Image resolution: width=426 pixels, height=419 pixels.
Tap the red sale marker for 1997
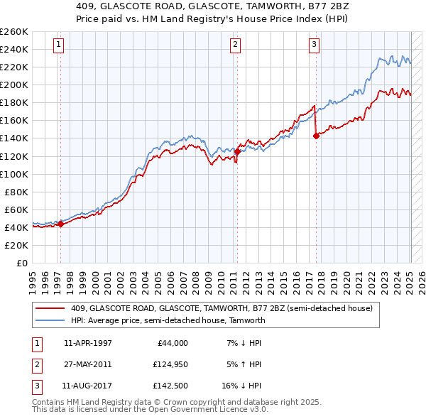point(60,224)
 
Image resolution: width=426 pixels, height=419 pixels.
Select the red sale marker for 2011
point(237,151)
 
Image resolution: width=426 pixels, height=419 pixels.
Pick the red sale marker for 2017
point(315,136)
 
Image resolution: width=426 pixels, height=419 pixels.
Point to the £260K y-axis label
point(14,31)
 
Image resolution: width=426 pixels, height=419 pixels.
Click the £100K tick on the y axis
point(14,174)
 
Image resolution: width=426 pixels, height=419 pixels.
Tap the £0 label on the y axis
point(21,263)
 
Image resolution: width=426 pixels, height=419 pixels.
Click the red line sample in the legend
point(50,308)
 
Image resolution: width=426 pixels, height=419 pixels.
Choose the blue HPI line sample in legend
point(50,320)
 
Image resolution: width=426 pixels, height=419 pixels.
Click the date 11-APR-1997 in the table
point(87,343)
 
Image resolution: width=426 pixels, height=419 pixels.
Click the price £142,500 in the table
point(168,387)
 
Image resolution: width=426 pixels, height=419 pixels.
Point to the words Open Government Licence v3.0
point(214,410)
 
